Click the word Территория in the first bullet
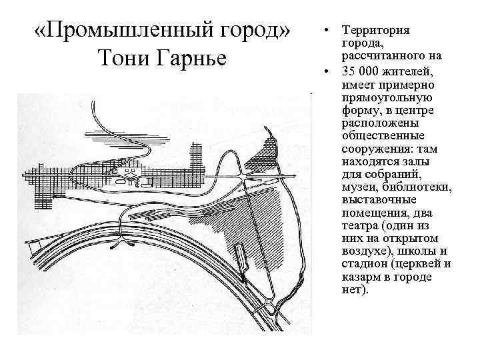click(375, 31)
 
